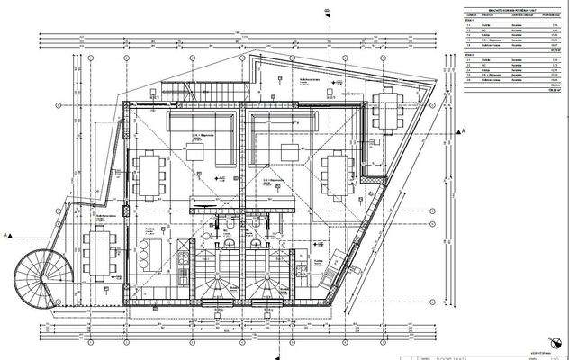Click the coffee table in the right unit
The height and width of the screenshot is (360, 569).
291,151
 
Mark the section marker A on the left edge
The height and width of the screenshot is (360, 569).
8,234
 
